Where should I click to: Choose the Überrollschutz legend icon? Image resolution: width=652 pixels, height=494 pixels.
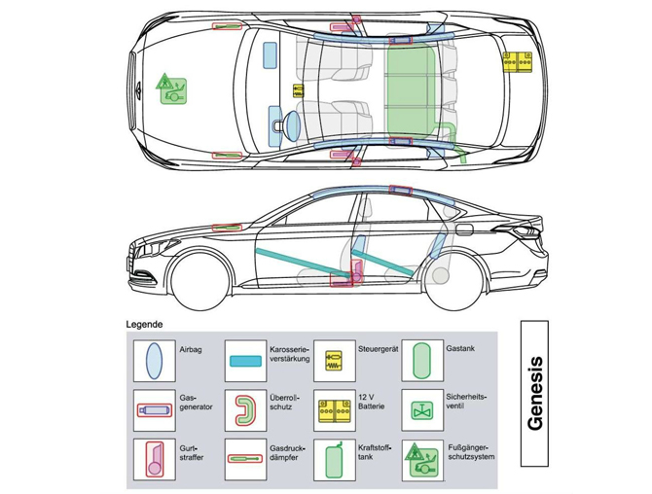pos(243,408)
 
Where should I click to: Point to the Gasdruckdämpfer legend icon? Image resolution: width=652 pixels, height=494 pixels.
pos(244,457)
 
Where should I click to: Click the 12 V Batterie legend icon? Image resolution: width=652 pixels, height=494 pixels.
pos(334,409)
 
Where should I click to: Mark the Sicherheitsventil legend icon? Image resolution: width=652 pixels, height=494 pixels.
pos(421,409)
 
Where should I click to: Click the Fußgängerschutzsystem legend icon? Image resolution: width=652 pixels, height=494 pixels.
pos(421,456)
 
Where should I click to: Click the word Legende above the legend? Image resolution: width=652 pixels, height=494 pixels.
pos(144,324)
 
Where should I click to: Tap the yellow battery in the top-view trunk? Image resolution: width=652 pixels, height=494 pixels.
pos(517,61)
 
